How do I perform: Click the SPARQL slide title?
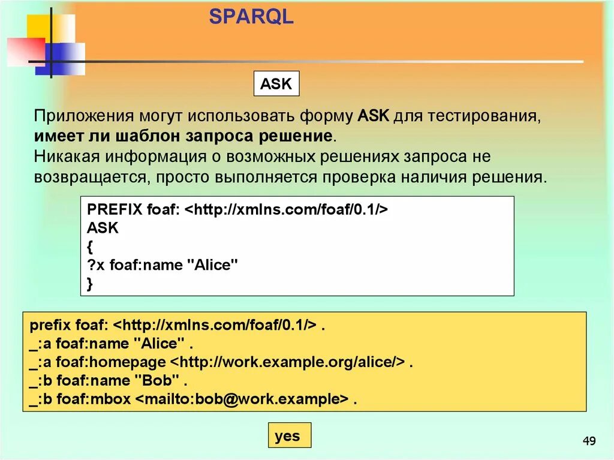click(251, 17)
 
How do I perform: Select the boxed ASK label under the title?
click(276, 84)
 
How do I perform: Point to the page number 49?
click(589, 442)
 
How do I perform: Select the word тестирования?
click(483, 116)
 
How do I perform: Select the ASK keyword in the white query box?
click(103, 229)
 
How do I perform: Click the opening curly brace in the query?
click(90, 246)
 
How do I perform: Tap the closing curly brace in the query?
click(90, 284)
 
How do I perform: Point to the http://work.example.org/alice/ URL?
click(286, 362)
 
